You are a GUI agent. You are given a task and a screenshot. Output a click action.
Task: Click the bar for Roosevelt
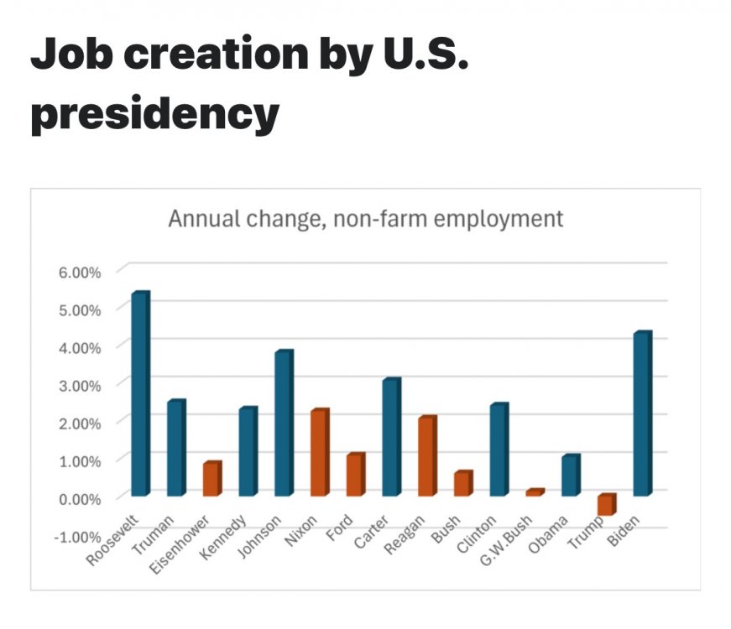pos(139,393)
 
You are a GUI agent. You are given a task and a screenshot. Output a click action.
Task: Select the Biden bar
pos(642,413)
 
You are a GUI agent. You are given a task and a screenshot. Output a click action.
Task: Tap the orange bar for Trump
pos(606,504)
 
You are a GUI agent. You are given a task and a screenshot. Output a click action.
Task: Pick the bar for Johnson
pos(284,423)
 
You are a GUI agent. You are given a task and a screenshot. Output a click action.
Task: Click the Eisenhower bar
pos(211,479)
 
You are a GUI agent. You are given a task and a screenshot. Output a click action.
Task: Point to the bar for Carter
pos(391,437)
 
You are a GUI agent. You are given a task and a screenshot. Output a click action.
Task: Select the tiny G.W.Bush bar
pos(535,492)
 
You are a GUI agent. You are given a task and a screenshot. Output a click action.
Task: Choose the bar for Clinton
pos(499,450)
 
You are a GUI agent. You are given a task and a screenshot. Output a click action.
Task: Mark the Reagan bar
pos(427,455)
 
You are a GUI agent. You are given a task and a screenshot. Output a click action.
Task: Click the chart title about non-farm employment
pos(365,219)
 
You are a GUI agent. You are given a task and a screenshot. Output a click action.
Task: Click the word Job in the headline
pos(71,55)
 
